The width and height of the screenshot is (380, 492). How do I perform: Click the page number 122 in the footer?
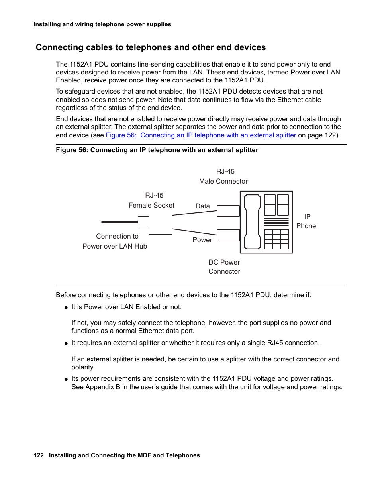(39, 455)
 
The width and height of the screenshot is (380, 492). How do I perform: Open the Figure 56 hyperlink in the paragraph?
(201, 135)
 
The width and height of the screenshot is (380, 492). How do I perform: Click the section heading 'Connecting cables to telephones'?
(151, 47)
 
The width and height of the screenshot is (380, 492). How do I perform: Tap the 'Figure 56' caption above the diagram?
(157, 150)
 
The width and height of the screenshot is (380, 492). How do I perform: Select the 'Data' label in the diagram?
(202, 206)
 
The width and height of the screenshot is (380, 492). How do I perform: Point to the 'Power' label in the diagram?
(202, 240)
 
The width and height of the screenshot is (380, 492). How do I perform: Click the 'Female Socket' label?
(151, 205)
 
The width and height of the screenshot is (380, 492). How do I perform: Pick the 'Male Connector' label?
(223, 181)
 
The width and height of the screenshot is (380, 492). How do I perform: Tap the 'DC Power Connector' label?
(224, 267)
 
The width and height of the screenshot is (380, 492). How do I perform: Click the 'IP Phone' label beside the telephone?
(306, 221)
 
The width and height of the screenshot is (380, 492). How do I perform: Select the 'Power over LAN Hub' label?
(115, 246)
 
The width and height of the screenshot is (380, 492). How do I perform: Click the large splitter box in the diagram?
(160, 222)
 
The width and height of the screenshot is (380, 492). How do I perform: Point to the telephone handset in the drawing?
(252, 222)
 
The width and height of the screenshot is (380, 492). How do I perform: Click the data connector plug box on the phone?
(228, 211)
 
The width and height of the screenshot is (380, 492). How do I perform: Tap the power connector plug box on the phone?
(228, 235)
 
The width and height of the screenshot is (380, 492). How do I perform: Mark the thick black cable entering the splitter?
(119, 222)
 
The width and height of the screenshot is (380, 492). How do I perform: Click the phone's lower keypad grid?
(276, 239)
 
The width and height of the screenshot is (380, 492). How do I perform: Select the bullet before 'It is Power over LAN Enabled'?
(66, 308)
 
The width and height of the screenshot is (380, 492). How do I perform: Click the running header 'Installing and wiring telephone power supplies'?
(102, 24)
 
